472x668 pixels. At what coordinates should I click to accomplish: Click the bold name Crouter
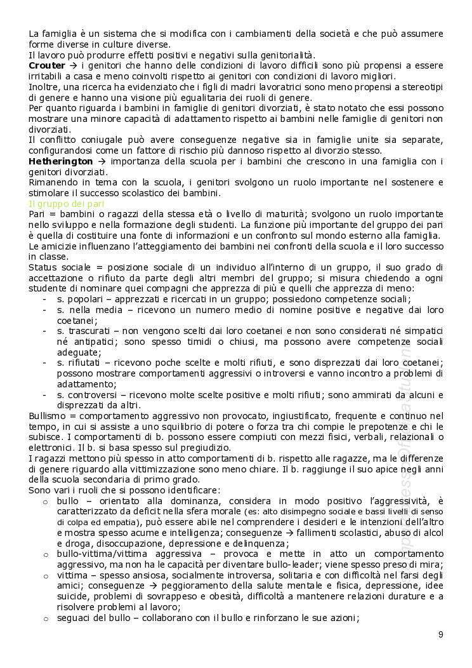pyautogui.click(x=47, y=65)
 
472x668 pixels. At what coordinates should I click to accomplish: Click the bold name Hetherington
pyautogui.click(x=60, y=162)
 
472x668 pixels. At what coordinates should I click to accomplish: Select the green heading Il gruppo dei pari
pyautogui.click(x=67, y=204)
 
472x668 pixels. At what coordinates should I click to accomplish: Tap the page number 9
pyautogui.click(x=440, y=634)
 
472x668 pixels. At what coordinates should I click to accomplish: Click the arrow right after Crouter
pyautogui.click(x=74, y=65)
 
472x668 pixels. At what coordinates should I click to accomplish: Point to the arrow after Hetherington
pyautogui.click(x=99, y=162)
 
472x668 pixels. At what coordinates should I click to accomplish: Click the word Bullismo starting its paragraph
pyautogui.click(x=46, y=415)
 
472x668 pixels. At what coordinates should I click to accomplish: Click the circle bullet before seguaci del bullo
pyautogui.click(x=45, y=618)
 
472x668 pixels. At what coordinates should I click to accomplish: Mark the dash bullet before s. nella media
pyautogui.click(x=44, y=310)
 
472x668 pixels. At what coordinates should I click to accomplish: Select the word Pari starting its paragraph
pyautogui.click(x=37, y=215)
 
